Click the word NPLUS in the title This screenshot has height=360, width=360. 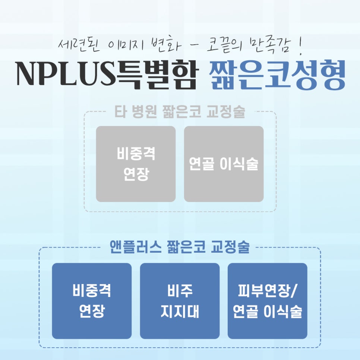(x=66, y=73)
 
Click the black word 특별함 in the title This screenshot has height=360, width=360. (x=157, y=75)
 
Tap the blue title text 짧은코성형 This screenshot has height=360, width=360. (x=277, y=75)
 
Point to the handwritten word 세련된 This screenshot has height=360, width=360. (x=79, y=45)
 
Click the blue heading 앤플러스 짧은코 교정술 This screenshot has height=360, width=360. (x=180, y=247)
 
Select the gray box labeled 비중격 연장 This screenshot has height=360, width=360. (x=136, y=164)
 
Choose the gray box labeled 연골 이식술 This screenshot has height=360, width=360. (x=224, y=164)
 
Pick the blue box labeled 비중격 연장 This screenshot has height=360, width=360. (x=92, y=301)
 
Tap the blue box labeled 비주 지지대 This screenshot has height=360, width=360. (x=180, y=301)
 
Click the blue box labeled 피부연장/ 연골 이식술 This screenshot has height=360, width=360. (x=268, y=301)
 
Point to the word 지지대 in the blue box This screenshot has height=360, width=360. (x=180, y=311)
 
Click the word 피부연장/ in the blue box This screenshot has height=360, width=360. (x=268, y=291)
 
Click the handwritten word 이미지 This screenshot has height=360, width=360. (x=126, y=45)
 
